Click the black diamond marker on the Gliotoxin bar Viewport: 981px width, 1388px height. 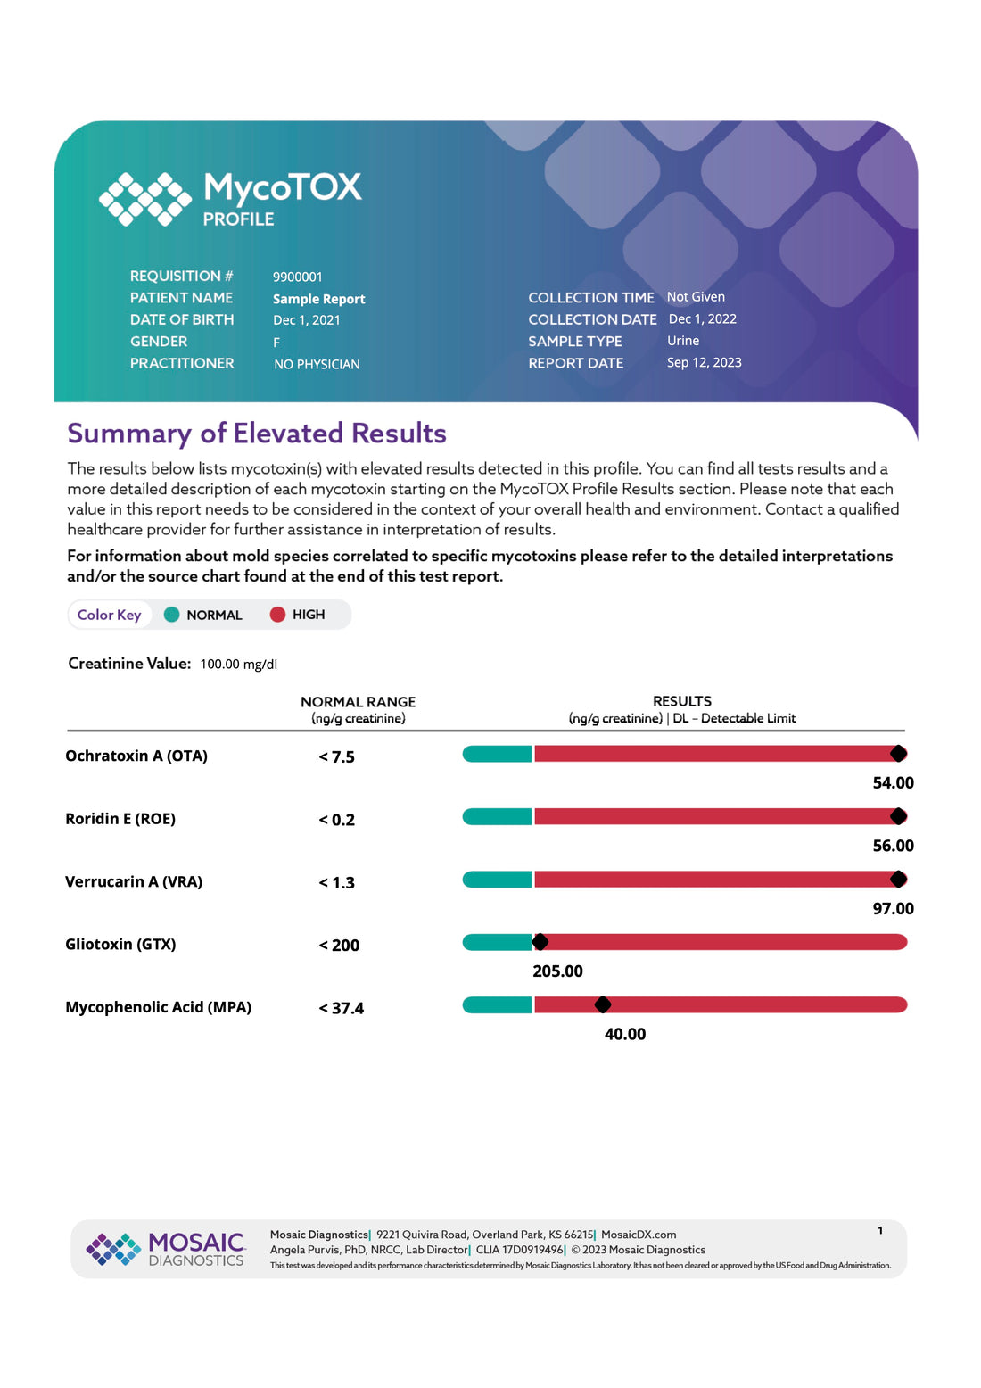[540, 942]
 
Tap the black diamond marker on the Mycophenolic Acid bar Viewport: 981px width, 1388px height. [603, 1004]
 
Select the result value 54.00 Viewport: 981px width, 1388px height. [893, 782]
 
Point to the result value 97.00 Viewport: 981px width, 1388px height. [893, 908]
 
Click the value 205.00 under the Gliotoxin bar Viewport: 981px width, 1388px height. [557, 971]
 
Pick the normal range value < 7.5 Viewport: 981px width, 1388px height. [337, 756]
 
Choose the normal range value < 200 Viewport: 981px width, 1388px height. [339, 945]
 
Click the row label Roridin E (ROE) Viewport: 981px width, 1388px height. [120, 818]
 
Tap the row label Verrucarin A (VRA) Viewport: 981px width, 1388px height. [134, 881]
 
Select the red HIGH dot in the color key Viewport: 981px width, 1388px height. [277, 614]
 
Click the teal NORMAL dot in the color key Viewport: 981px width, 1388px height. [172, 614]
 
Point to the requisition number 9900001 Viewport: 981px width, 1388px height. [298, 277]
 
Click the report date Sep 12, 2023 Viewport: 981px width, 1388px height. [704, 362]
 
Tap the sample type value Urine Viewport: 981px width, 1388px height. [683, 341]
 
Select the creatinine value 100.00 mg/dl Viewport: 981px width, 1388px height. [238, 664]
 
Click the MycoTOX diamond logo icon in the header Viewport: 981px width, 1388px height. [144, 198]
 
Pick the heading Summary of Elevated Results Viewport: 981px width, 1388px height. [257, 433]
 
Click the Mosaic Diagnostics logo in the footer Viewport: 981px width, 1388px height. [165, 1248]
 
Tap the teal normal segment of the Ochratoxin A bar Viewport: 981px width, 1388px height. [497, 754]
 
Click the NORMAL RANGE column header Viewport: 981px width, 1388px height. [358, 702]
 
